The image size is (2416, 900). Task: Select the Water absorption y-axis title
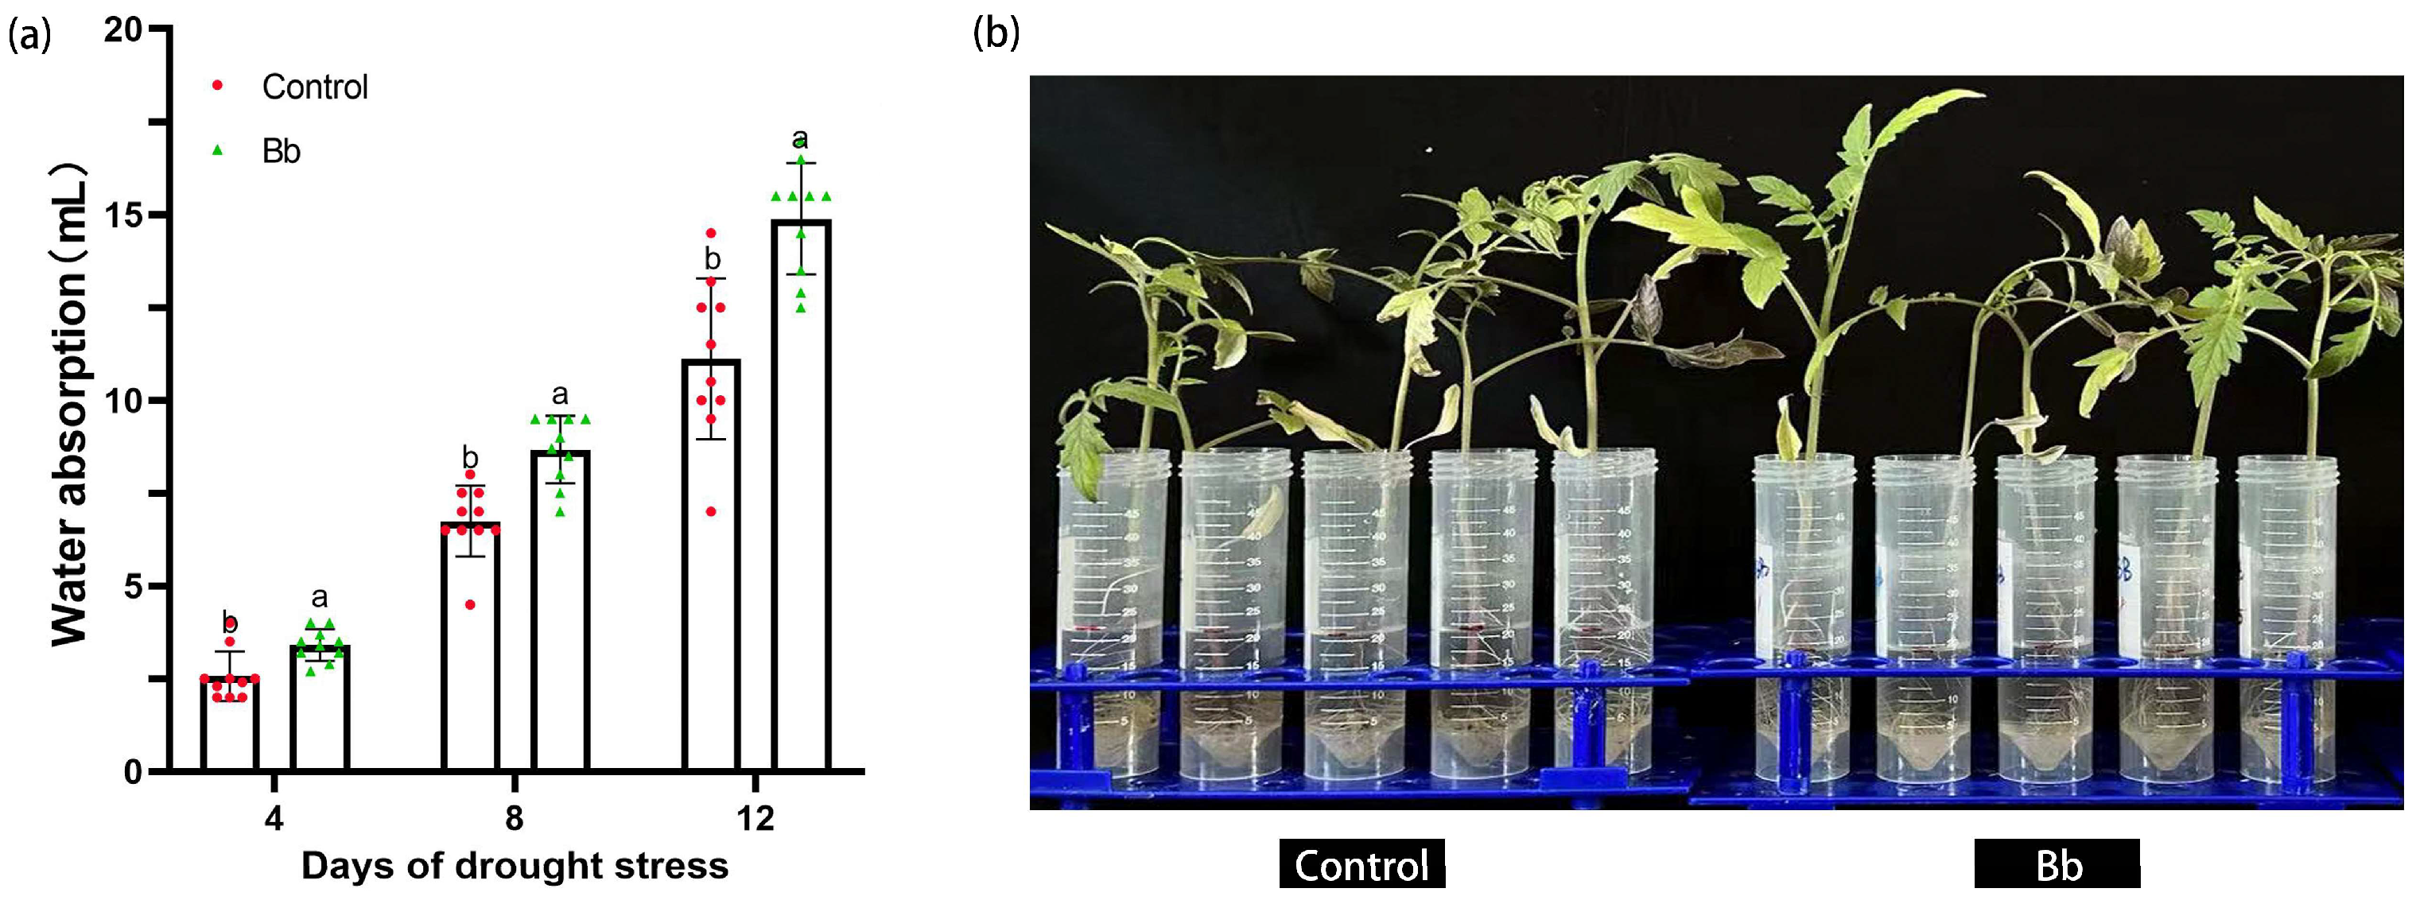tap(70, 405)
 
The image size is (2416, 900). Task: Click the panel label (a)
tap(29, 35)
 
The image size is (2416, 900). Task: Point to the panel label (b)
tap(996, 33)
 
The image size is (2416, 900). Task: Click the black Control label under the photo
tap(1361, 863)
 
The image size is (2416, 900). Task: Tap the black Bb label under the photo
tap(2057, 863)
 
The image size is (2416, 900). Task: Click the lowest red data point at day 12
tap(711, 511)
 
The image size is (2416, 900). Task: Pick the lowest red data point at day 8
tap(470, 605)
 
